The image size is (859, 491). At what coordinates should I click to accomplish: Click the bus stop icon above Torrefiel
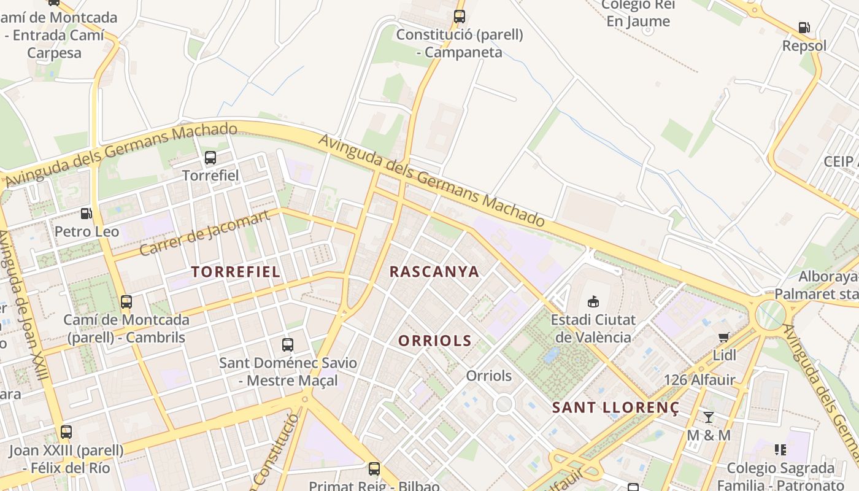point(210,158)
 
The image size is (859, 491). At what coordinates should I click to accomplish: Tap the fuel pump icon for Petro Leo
point(87,214)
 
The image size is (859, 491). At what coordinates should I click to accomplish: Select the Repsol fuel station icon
point(804,28)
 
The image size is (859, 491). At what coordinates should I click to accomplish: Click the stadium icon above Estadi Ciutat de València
point(593,301)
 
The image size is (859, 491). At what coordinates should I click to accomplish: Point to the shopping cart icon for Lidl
point(724,338)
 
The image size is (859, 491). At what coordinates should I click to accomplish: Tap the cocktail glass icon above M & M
point(709,417)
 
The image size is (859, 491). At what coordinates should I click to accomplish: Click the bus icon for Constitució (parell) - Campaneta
point(460,17)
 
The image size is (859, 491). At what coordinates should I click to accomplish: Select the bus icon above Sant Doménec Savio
point(287,345)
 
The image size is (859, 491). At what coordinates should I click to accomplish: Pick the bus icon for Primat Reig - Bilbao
point(374,469)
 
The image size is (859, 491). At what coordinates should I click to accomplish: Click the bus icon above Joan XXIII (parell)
point(66,432)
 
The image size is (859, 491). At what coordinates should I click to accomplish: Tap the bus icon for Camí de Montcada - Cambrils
point(126,302)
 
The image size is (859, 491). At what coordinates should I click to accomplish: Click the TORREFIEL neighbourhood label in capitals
point(236,272)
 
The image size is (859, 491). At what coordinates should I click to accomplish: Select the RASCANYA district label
point(434,272)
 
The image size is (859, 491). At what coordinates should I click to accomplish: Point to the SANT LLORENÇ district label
point(615,408)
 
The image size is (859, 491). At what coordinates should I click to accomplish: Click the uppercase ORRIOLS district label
point(435,341)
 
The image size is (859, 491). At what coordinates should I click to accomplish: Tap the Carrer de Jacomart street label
point(204,233)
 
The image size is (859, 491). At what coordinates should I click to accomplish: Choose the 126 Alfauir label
point(699,380)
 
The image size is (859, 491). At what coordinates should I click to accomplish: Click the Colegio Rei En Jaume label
point(638,14)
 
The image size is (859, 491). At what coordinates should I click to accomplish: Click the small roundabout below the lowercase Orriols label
point(504,404)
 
